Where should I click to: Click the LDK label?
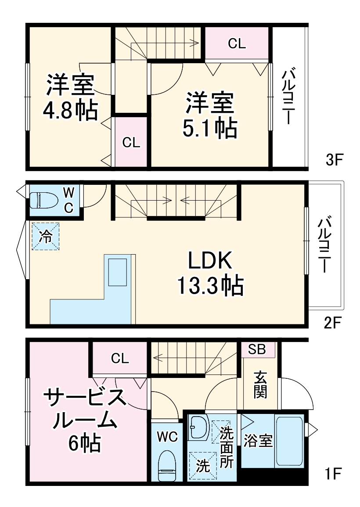210,262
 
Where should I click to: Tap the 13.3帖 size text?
210,286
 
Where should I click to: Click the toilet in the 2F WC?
44,200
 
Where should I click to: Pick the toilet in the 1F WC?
167,465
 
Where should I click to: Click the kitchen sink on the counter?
118,272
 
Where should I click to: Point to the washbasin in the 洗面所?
199,427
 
